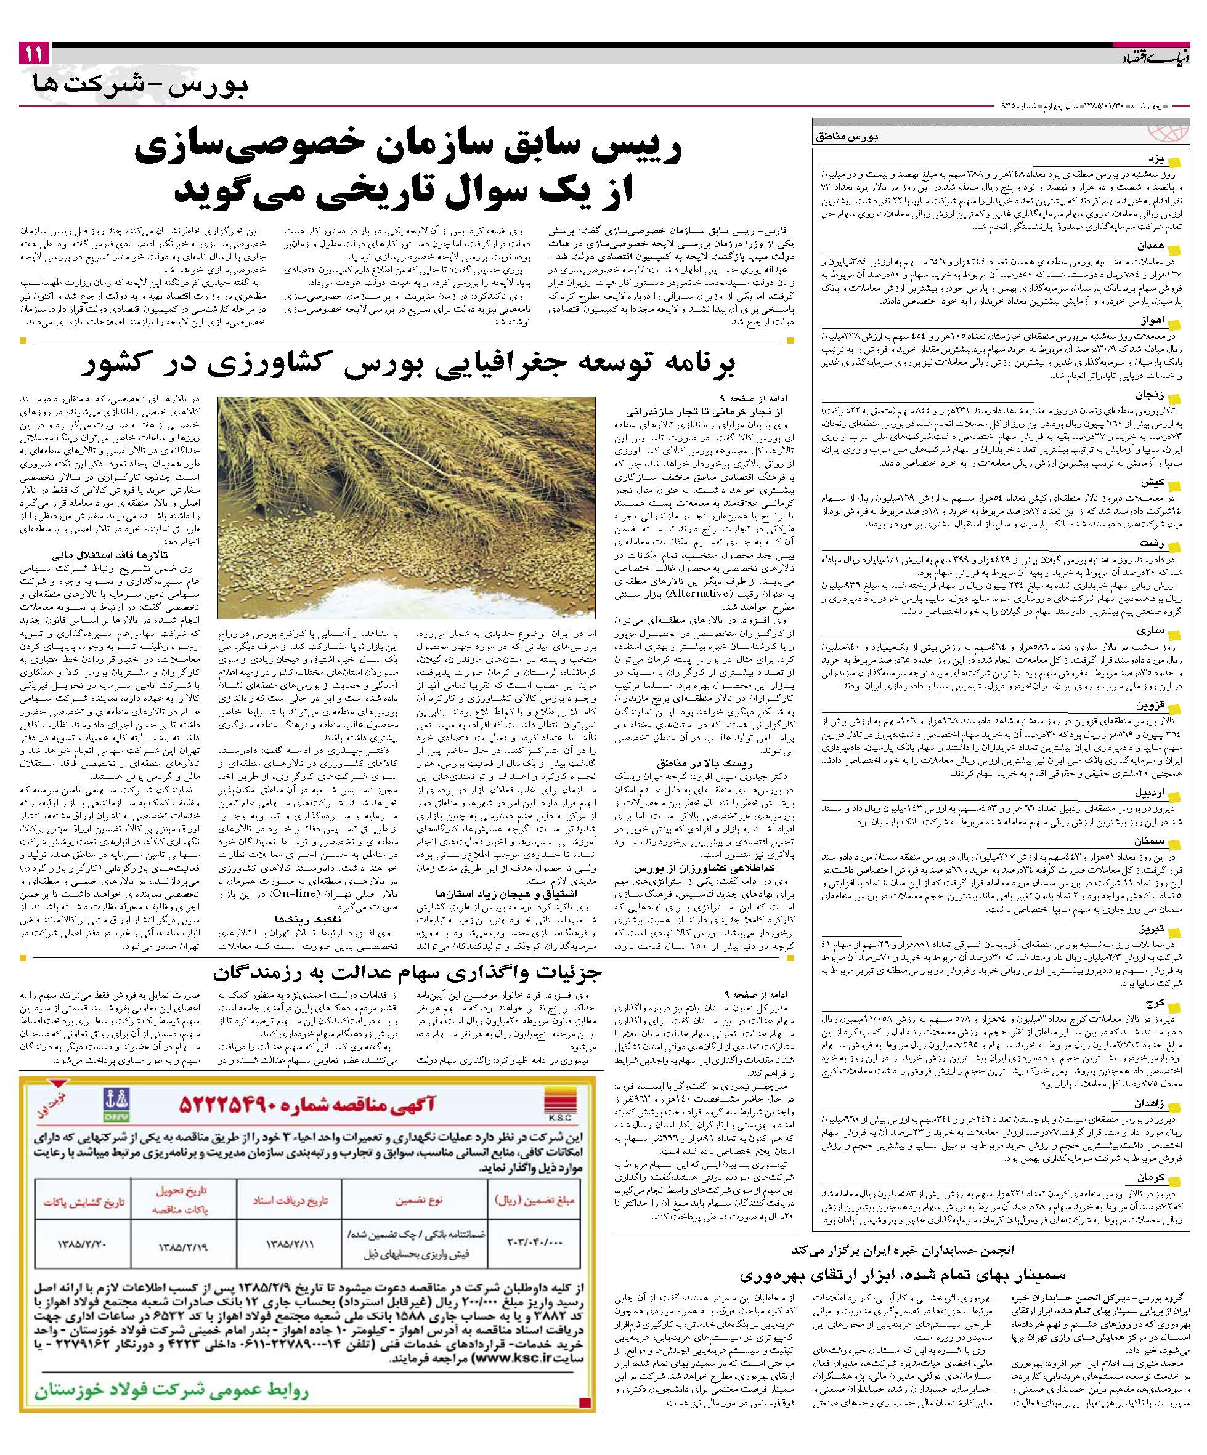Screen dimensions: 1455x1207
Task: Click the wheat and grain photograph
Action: pos(406,507)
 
